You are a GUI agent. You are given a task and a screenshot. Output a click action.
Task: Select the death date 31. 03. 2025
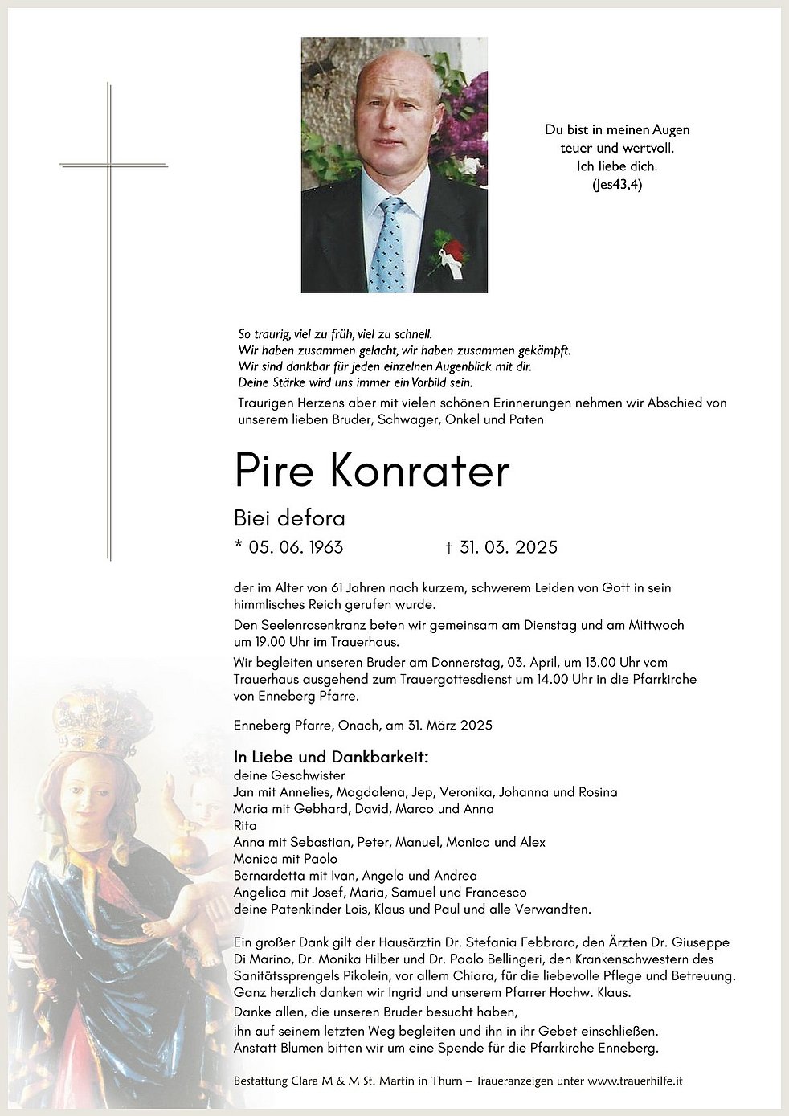508,548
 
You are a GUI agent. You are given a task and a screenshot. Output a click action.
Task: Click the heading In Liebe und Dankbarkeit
331,757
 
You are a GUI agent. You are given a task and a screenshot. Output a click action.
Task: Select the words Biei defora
288,518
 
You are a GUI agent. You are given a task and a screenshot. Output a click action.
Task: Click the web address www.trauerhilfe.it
635,1081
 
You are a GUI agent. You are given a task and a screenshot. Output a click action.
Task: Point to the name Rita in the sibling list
245,825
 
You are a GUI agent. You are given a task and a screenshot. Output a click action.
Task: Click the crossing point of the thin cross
109,166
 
